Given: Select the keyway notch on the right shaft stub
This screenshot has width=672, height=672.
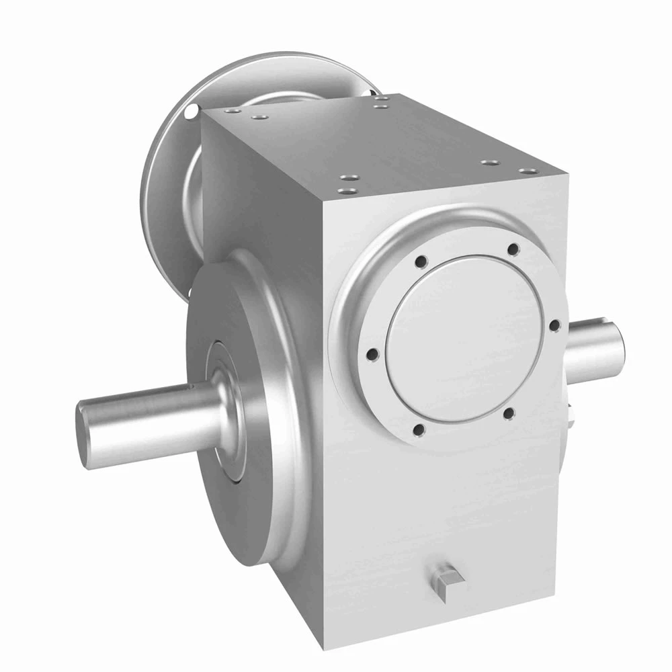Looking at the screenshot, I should pyautogui.click(x=617, y=329).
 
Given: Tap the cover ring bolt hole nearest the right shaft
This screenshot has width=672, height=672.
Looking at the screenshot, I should pyautogui.click(x=554, y=325).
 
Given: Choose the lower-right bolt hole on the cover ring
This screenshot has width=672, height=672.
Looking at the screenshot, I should pyautogui.click(x=509, y=413).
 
